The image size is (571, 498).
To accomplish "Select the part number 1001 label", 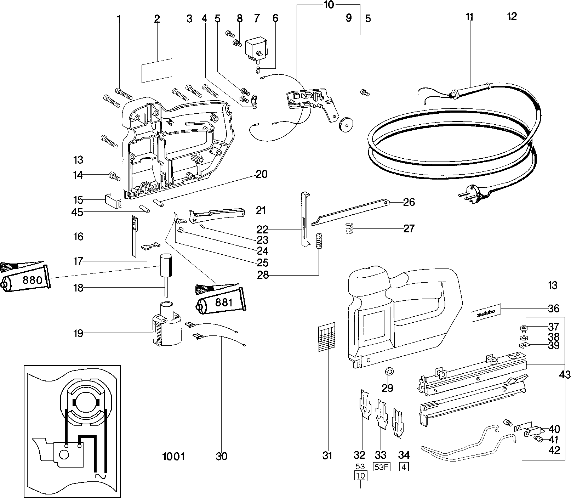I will coord(173,457).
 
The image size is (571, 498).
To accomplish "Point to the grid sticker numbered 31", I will coord(327,336).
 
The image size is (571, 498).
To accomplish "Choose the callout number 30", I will coord(222,457).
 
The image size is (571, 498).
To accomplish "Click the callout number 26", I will coord(409,203).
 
